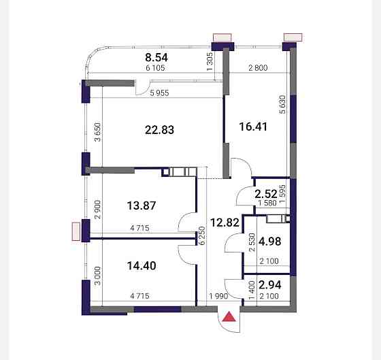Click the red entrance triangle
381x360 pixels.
click(229, 317)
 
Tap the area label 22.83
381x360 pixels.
click(159, 130)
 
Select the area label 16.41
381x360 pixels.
click(253, 127)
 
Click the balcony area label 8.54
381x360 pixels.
click(156, 58)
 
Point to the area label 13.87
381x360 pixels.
click(142, 206)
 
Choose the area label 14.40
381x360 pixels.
click(142, 265)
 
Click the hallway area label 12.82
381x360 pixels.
click(225, 223)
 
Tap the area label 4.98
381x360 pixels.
click(270, 242)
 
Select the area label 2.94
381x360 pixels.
click(270, 285)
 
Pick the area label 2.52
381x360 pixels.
click(266, 194)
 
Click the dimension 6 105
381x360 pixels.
click(155, 68)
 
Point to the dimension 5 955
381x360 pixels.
click(159, 93)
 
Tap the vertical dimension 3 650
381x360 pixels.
click(98, 132)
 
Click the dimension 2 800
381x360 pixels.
click(258, 68)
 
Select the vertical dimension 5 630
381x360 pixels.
click(283, 105)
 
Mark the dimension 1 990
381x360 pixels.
click(218, 296)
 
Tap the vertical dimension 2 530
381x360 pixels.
click(252, 242)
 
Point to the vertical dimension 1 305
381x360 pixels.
click(210, 62)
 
